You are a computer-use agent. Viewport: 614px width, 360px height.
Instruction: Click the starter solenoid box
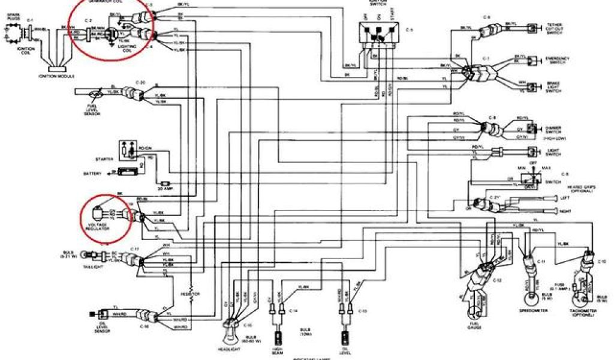(127, 149)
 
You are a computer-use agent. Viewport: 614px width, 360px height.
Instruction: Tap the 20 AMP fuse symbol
(167, 182)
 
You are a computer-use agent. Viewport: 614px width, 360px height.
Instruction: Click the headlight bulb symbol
(231, 328)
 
